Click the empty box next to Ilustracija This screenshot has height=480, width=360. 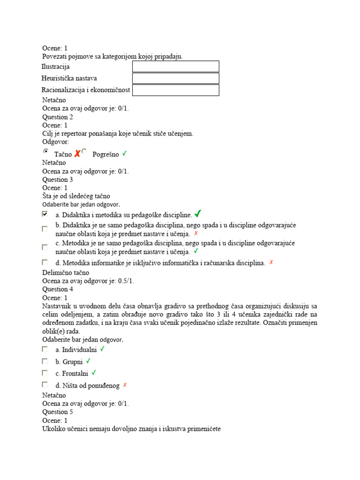176,67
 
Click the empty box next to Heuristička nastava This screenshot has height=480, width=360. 176,78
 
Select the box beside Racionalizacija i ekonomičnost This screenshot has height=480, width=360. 176,90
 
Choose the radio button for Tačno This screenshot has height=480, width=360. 45,151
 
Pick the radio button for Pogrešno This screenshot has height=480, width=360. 84,151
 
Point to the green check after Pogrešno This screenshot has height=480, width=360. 124,154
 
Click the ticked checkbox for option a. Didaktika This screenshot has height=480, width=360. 45,214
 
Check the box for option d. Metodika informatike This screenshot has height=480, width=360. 45,262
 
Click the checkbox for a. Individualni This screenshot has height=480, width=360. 45,349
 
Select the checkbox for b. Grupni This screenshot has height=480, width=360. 45,361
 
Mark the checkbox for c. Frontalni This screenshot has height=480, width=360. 45,373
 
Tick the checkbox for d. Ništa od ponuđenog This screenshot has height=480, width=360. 45,385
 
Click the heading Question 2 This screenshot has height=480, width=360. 58,117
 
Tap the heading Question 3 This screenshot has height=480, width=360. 58,180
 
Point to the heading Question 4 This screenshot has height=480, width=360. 58,289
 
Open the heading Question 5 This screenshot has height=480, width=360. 58,412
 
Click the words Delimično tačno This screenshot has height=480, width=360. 66,272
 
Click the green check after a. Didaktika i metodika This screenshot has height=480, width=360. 197,214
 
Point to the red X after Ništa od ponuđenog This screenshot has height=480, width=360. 125,385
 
